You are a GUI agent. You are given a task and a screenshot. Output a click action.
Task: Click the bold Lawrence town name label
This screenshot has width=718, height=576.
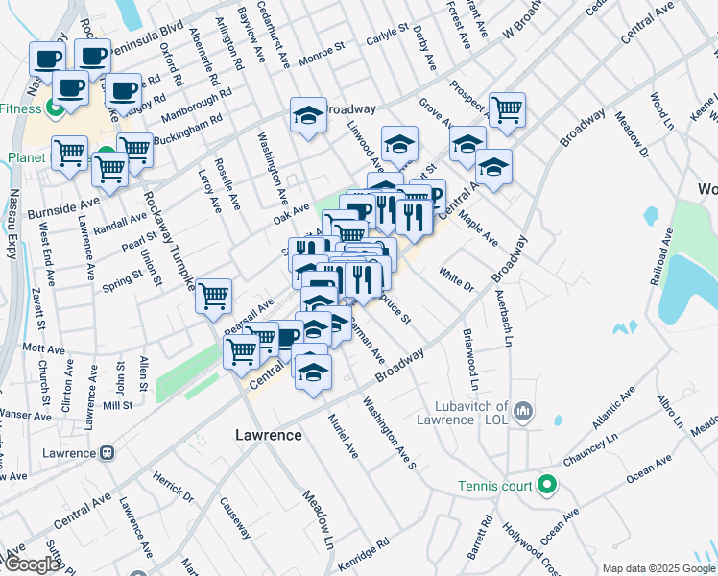pos(269,435)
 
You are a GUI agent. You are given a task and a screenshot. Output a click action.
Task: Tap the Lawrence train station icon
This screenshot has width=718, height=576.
pos(108,452)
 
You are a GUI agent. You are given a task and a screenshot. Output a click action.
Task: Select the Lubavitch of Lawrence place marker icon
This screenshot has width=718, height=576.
pos(523,412)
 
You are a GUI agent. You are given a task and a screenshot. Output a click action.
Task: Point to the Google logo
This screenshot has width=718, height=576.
pos(32,564)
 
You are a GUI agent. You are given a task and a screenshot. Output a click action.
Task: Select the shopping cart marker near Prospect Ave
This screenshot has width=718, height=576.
pos(506,109)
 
